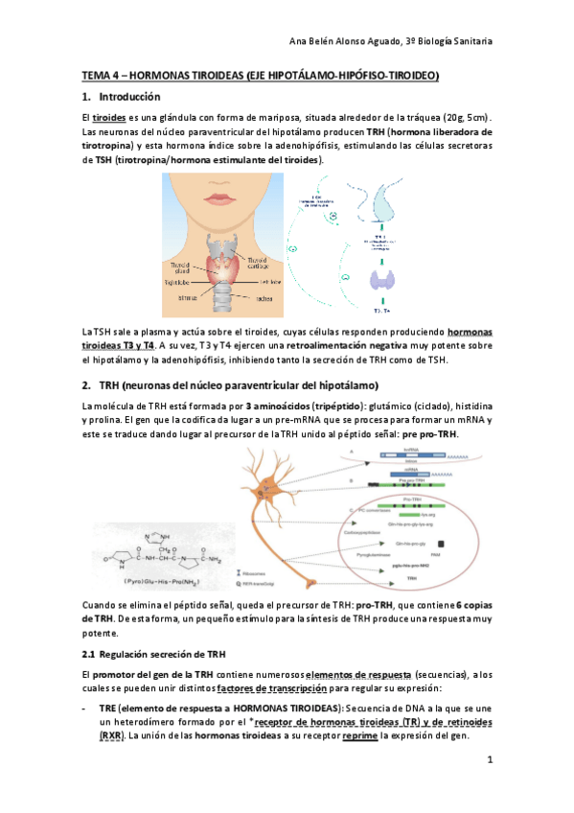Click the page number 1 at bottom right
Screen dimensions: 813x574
pos(489,760)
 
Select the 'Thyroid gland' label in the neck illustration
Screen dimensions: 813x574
pos(182,266)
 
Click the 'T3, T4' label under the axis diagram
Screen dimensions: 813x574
pos(382,312)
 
